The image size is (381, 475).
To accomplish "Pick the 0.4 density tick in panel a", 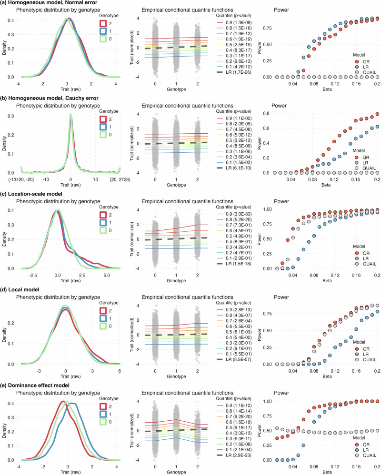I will [10, 20].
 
